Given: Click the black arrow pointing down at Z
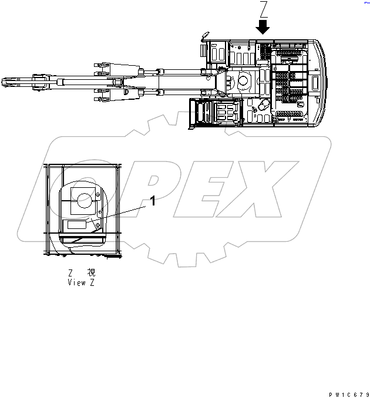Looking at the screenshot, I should pos(263,26).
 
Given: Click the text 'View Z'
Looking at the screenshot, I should pos(81,282).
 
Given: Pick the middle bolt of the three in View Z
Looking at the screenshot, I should pos(101,213).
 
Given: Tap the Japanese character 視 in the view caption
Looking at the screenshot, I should pos(90,273).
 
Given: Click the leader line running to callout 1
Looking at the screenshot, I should pos(120,213).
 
